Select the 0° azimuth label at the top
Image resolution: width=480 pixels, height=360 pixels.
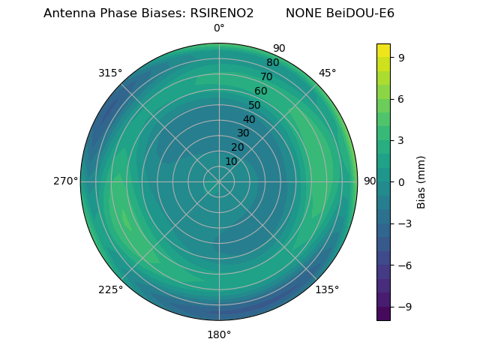(219, 28)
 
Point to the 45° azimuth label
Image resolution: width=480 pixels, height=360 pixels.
(328, 73)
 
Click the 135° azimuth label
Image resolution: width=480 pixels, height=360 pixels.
(327, 289)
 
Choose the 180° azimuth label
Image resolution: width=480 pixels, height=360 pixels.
(219, 334)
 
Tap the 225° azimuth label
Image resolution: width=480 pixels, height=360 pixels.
(110, 290)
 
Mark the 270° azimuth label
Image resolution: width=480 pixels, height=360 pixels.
(65, 181)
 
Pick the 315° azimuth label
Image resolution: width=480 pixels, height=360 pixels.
(110, 73)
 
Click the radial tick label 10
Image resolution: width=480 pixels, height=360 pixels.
(232, 161)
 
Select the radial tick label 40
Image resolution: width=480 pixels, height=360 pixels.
(249, 119)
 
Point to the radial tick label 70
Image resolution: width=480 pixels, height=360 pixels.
(267, 76)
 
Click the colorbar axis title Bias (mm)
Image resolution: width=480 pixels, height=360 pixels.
(421, 181)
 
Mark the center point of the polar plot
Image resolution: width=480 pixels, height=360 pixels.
(219, 181)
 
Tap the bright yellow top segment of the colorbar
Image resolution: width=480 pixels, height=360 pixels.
(383, 49)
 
